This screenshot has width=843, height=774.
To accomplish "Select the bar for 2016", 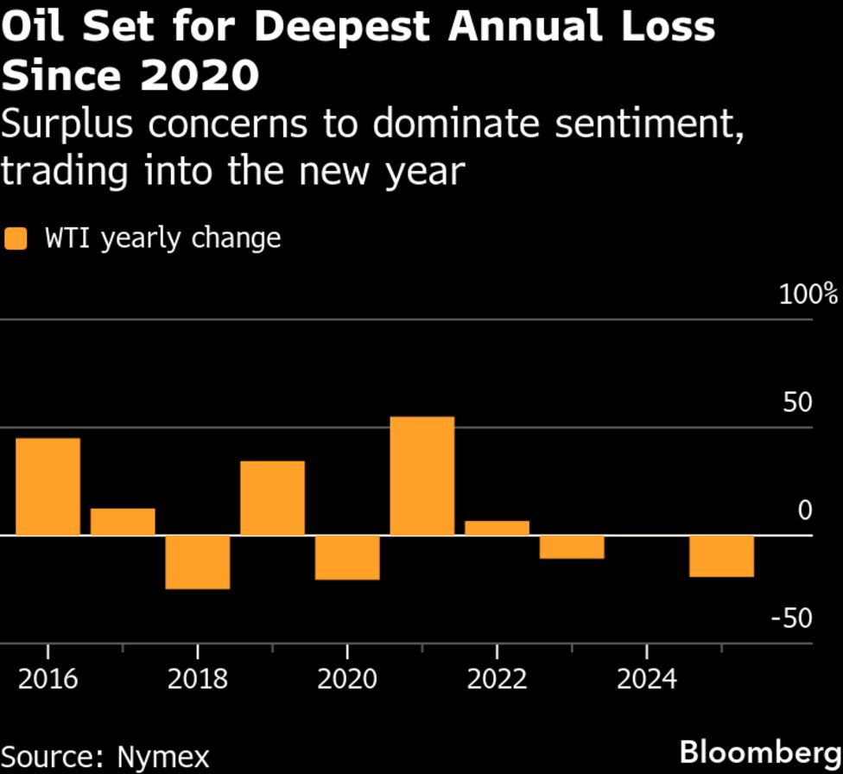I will [48, 486].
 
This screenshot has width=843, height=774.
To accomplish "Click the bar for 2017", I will [123, 522].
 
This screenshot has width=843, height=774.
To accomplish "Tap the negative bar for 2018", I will [198, 561].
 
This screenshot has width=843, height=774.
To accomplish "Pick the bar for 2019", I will [272, 498].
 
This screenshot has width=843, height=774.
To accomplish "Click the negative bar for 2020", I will [347, 557].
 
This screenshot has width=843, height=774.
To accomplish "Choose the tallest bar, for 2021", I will [421, 476].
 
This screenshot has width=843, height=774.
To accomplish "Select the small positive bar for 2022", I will [497, 528].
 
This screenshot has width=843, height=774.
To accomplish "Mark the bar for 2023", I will [572, 547].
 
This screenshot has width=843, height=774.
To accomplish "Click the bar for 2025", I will [721, 555].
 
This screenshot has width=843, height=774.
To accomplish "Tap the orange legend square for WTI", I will [16, 238].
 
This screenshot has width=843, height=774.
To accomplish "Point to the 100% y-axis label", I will [808, 295].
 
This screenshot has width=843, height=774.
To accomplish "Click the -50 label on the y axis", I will [792, 619].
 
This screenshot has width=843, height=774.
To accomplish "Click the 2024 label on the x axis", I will [647, 679].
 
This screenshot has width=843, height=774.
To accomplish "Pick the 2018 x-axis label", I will [198, 679].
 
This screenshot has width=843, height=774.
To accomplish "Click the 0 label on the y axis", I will [805, 511].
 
